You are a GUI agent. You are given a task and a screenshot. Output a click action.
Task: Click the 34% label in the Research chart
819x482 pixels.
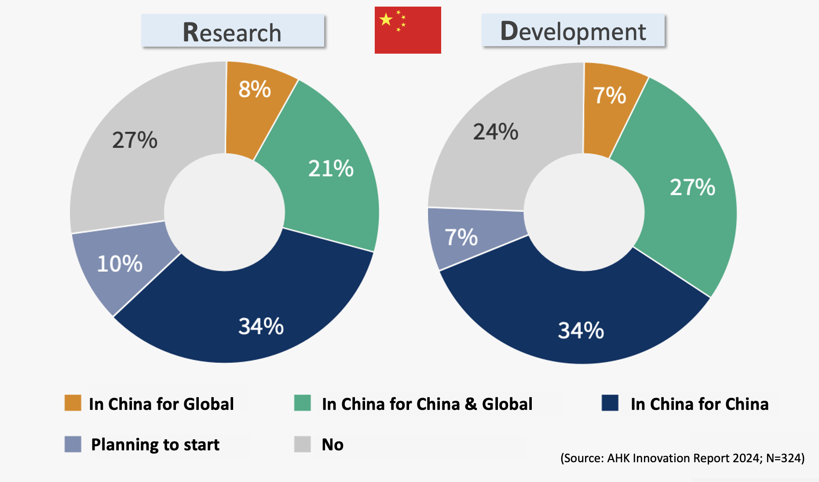261,326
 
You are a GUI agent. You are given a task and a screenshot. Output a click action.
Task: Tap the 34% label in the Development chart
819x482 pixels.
581,330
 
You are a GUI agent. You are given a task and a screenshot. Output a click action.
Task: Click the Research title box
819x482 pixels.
233,31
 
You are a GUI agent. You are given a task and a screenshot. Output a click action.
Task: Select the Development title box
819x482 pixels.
573,31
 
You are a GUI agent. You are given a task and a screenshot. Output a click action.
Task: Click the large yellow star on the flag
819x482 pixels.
386,19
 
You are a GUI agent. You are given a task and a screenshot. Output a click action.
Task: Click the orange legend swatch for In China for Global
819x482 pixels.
73,403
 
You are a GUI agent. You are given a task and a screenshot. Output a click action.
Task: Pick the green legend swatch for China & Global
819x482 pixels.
302,403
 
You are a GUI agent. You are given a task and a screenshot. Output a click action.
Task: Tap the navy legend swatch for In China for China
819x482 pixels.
610,403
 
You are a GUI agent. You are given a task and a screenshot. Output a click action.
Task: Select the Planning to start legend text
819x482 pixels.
155,445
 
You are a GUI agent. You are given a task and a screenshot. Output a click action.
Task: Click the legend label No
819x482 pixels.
333,445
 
